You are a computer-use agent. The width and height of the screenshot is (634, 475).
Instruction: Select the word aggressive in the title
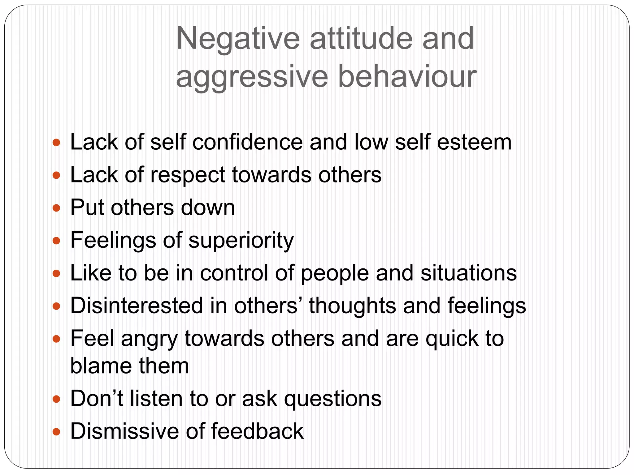click(252, 77)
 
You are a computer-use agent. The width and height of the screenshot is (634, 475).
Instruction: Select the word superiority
click(241, 241)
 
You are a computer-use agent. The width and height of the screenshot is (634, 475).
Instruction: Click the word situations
click(468, 273)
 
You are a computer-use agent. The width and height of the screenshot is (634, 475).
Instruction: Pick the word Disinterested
click(136, 306)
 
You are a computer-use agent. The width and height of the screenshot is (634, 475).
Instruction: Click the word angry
click(150, 339)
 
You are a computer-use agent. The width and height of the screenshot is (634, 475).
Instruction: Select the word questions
click(333, 399)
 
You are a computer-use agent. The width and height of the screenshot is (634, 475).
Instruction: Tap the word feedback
click(257, 431)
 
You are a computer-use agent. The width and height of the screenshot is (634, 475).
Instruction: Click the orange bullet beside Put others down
click(56, 208)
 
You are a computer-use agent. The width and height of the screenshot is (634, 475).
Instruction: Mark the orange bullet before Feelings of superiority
click(56, 241)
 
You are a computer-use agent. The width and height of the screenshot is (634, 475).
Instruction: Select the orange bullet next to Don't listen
click(56, 399)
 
